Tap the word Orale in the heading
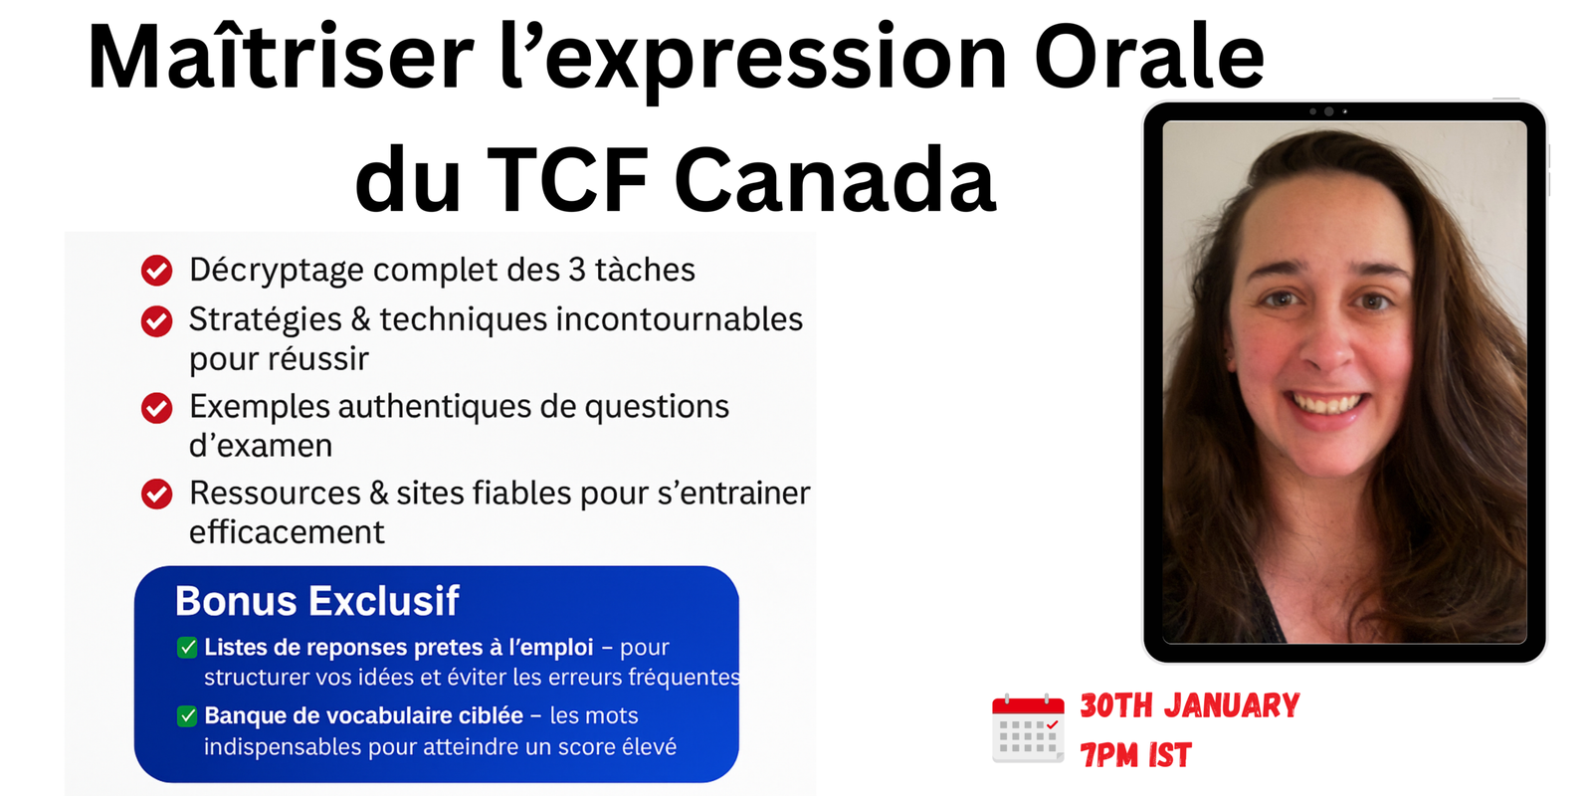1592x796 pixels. (1149, 58)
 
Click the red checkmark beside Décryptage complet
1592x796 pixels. (156, 270)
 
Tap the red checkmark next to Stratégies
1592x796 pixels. (156, 320)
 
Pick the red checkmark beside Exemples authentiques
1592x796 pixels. (156, 408)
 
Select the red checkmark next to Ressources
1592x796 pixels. (156, 494)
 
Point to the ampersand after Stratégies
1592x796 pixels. (360, 319)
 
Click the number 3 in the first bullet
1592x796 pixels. (577, 270)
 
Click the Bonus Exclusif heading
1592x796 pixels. (316, 601)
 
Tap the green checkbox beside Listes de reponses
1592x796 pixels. (187, 648)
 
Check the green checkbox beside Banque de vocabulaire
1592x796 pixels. (187, 716)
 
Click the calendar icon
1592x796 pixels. (1028, 728)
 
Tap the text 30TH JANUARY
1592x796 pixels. (1189, 705)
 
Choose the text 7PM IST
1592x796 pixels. (1135, 755)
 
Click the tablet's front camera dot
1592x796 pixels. (1328, 111)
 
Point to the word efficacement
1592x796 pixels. (287, 532)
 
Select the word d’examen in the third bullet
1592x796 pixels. (261, 446)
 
